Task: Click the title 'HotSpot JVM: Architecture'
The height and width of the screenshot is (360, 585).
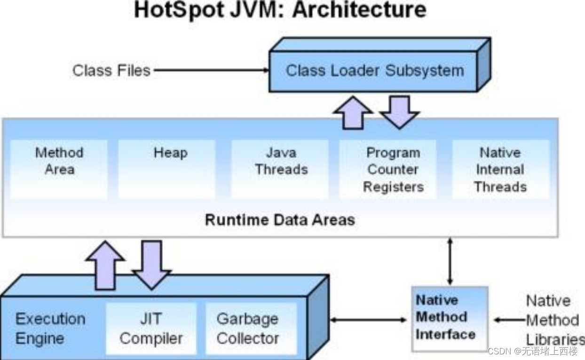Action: coord(280,10)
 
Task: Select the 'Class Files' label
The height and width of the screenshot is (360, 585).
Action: coord(111,70)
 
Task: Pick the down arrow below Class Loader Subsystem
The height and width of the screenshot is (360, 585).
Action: coord(399,112)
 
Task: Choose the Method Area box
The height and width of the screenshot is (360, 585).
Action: coord(59,168)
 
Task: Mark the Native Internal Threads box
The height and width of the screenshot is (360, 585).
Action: coord(500,169)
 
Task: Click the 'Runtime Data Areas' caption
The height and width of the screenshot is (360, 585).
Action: coord(280,220)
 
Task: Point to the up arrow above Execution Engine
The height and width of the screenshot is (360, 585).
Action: coord(105,266)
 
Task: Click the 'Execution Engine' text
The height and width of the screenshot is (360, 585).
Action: coord(51,329)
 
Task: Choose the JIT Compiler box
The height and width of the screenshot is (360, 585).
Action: coord(151,329)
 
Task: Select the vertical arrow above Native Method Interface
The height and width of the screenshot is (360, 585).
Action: coord(451,261)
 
